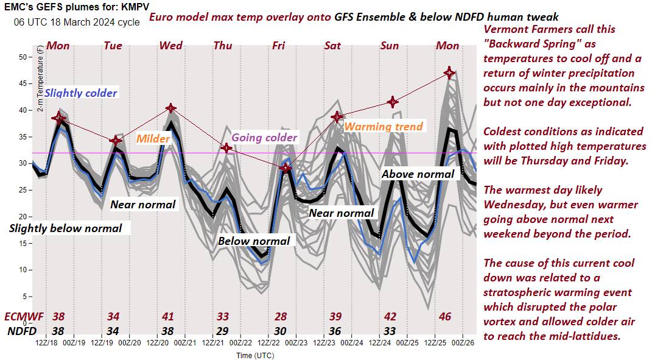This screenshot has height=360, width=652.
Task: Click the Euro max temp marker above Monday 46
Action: click(449, 72)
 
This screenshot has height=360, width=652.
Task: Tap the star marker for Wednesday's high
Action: click(171, 108)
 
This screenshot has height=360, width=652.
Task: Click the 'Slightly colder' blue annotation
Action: click(81, 93)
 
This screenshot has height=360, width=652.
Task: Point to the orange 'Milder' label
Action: click(153, 139)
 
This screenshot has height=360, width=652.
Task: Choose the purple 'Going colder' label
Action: click(265, 137)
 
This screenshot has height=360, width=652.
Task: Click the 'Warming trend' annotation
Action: click(384, 127)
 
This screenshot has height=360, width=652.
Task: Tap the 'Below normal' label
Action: click(254, 241)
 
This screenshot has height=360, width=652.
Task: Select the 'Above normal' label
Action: click(418, 174)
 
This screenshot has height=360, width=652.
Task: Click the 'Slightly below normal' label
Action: click(66, 228)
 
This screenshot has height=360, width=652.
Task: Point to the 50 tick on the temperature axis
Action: click(25, 57)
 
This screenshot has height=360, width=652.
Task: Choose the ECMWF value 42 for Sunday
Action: click(391, 317)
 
